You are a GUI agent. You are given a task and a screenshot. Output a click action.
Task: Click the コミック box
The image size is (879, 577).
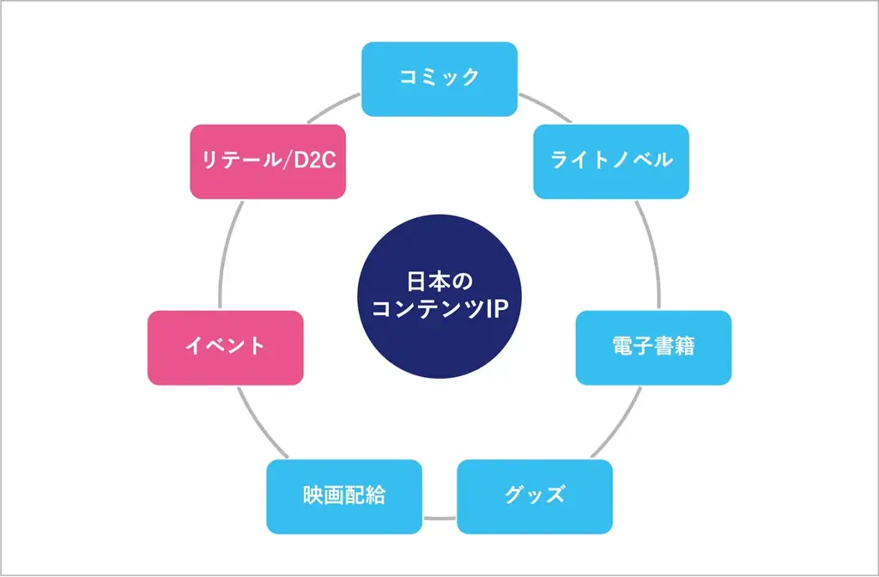point(439,78)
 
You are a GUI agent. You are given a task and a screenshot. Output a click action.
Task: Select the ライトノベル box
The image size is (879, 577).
point(610,161)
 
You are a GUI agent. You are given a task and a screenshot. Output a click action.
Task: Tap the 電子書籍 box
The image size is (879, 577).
point(653,347)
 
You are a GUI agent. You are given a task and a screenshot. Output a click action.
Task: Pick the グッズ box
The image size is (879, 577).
point(534,496)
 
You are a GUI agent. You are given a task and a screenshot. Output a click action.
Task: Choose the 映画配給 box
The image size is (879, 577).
point(343,496)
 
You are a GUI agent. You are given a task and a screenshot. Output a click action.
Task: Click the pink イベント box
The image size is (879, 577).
point(225,347)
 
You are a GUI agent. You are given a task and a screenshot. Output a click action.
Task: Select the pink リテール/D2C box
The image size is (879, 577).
point(268,161)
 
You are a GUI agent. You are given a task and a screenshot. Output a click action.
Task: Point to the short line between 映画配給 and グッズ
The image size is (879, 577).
point(439,518)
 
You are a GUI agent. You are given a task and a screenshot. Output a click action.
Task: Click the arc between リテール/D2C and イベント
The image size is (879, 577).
point(226,253)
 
